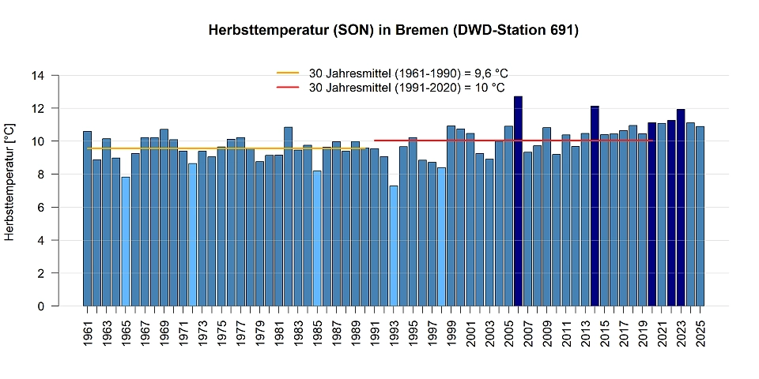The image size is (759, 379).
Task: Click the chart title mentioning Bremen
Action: [393, 31]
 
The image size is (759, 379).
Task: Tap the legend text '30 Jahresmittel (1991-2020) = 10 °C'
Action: [406, 88]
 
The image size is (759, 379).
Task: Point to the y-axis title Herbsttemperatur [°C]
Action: [9, 182]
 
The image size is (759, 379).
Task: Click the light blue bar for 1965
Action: [125, 242]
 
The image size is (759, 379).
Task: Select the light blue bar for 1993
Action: [394, 246]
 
